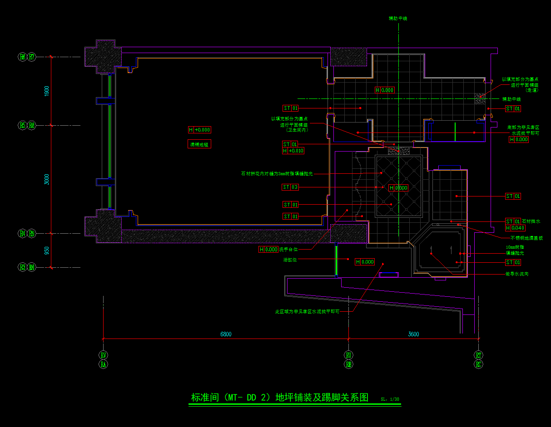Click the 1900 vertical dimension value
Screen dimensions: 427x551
click(x=47, y=91)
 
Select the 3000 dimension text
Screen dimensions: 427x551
click(x=47, y=179)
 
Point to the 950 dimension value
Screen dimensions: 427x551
click(x=47, y=250)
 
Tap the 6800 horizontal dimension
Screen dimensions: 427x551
click(x=226, y=334)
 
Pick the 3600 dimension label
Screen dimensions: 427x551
click(x=413, y=334)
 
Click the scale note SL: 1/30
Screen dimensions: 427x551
click(x=390, y=399)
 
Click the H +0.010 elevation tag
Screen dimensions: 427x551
click(x=293, y=151)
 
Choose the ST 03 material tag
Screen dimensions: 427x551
click(x=291, y=187)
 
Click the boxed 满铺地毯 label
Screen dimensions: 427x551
click(x=199, y=144)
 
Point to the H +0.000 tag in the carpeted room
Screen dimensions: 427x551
click(x=199, y=130)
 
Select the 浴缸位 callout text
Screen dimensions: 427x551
click(x=290, y=260)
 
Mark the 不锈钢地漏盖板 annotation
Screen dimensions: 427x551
click(x=526, y=238)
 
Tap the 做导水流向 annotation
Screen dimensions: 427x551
click(x=516, y=274)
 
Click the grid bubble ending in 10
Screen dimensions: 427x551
click(x=32, y=267)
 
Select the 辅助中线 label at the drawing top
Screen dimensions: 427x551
click(x=397, y=19)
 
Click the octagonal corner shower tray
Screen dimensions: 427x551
click(x=440, y=252)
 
